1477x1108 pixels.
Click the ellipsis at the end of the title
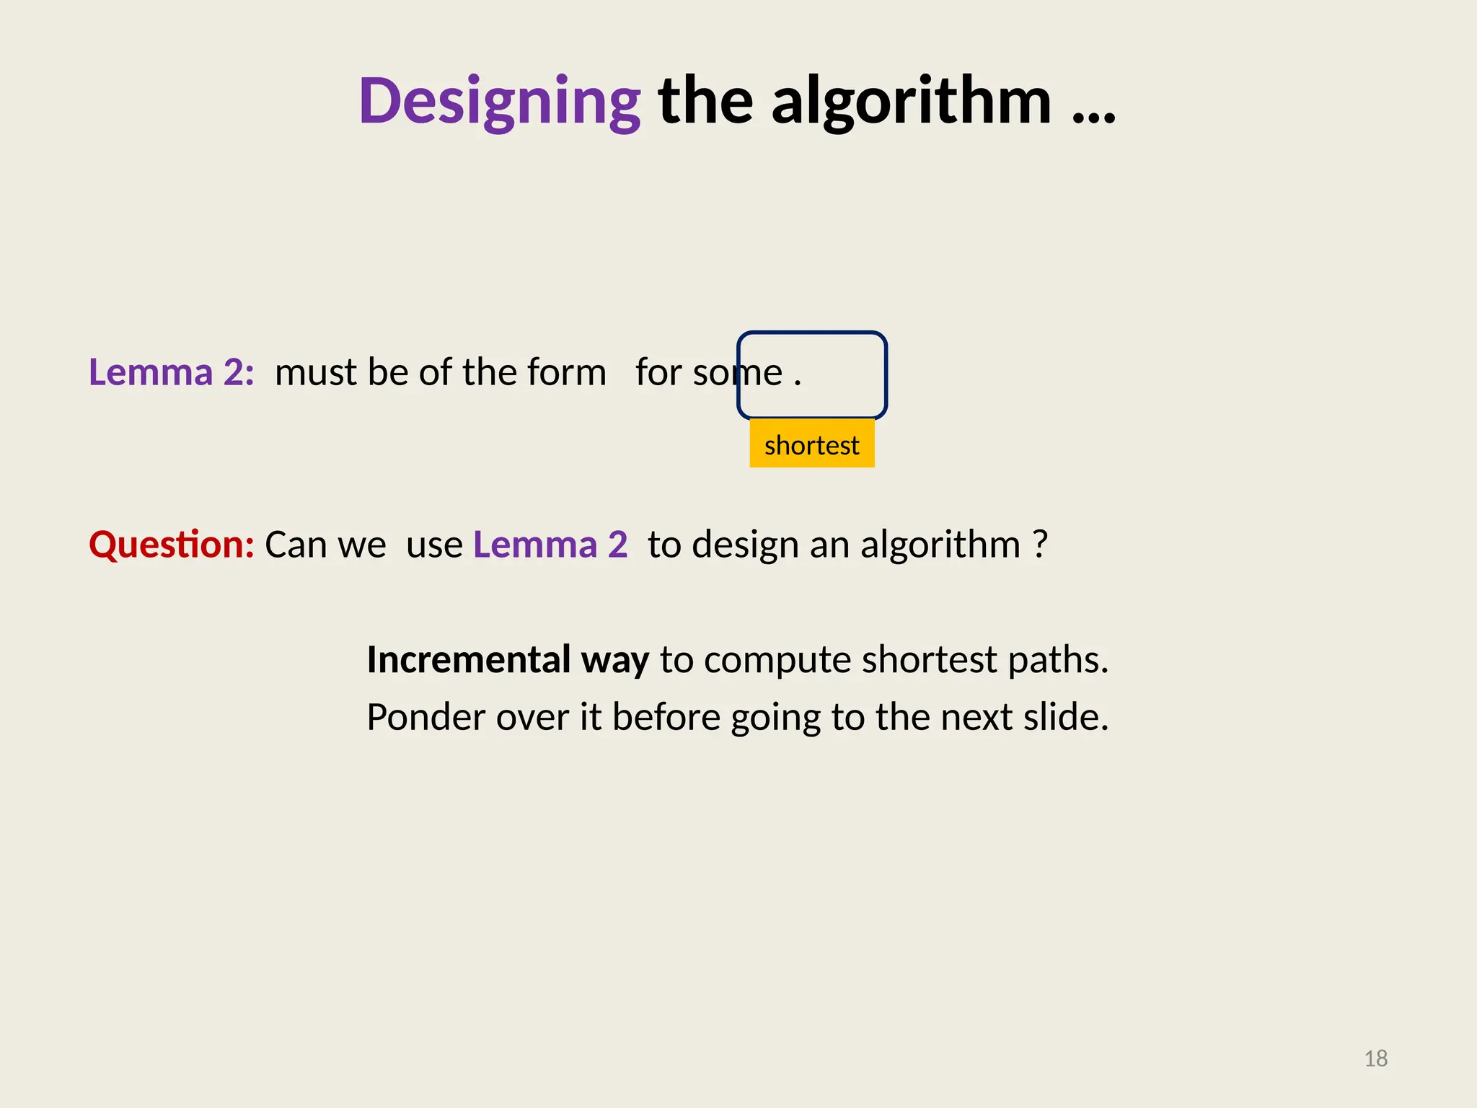point(1093,115)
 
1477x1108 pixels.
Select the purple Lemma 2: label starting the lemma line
point(172,372)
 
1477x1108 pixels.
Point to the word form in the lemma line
point(566,372)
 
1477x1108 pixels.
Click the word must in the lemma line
point(316,372)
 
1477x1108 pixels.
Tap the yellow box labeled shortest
point(811,444)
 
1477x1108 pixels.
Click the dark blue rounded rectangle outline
point(884,374)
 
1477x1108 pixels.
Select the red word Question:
point(172,544)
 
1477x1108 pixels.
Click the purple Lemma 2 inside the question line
point(550,544)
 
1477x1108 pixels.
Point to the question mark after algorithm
point(1039,544)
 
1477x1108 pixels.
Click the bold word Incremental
point(469,659)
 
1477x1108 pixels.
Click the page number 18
point(1376,1058)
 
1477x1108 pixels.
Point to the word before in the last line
point(666,717)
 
